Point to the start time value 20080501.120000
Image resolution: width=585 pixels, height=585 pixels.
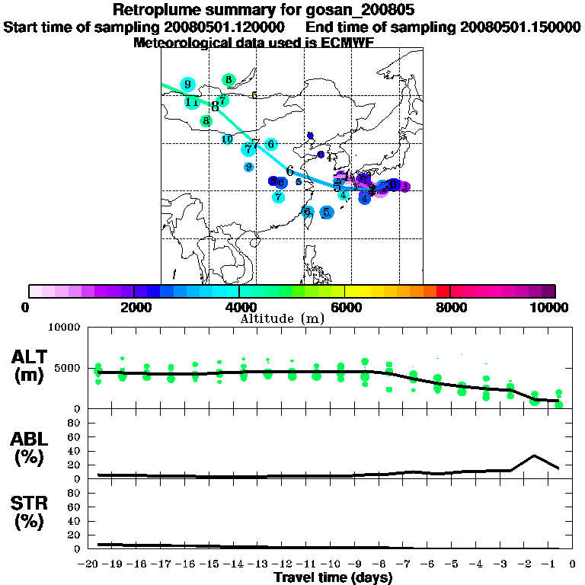click(x=225, y=27)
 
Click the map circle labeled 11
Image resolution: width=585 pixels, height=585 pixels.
click(x=192, y=101)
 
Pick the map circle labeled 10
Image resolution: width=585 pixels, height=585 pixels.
click(x=227, y=139)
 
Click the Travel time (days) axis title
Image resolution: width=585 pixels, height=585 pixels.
click(x=333, y=577)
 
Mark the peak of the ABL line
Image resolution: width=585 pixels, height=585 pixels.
click(x=535, y=456)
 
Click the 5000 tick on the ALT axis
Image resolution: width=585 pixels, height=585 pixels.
click(x=67, y=368)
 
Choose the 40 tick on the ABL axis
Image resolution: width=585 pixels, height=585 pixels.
click(x=75, y=451)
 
